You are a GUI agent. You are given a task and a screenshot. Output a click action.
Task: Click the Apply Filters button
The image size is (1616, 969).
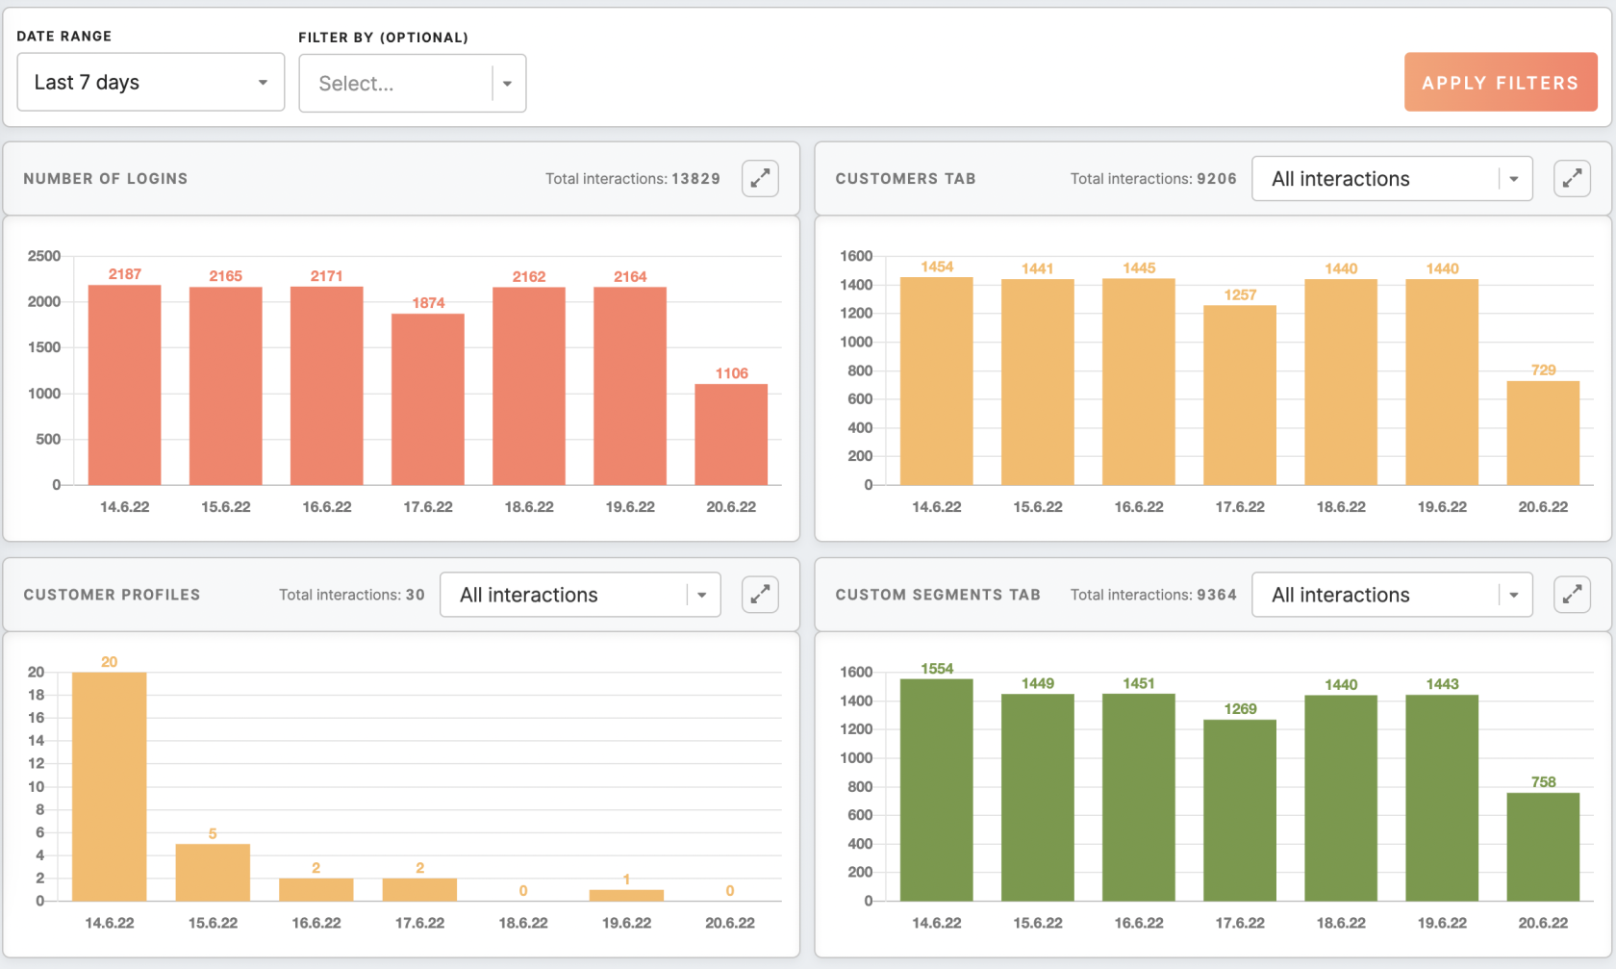click(x=1501, y=82)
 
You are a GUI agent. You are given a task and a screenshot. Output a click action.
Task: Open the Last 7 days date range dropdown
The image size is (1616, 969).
click(x=151, y=82)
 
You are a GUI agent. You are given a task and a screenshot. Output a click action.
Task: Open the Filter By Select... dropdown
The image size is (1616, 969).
click(x=412, y=83)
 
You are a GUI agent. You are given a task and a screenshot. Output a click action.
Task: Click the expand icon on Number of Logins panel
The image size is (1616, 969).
click(x=760, y=178)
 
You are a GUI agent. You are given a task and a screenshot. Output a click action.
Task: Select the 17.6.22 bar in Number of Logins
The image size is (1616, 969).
click(x=428, y=399)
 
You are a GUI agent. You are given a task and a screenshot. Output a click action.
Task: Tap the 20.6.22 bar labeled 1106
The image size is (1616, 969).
click(x=731, y=434)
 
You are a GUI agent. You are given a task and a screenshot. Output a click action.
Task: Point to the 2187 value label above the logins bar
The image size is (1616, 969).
click(x=125, y=274)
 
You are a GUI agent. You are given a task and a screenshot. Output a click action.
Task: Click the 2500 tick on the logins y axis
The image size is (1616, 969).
click(x=44, y=256)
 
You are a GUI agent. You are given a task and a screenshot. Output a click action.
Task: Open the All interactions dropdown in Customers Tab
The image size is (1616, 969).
click(x=1393, y=178)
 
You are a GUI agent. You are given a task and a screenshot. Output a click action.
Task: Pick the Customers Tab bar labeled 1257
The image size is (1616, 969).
click(x=1239, y=395)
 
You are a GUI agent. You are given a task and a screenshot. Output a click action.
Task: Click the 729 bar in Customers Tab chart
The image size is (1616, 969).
click(x=1543, y=433)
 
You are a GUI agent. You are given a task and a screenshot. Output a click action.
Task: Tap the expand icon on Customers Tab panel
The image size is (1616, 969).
click(x=1572, y=178)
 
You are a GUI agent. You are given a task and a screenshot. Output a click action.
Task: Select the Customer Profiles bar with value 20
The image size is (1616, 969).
click(x=109, y=786)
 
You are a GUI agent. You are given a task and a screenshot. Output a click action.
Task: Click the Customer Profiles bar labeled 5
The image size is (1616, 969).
click(x=213, y=873)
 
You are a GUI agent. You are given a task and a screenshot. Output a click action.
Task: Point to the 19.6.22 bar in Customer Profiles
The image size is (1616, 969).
click(x=626, y=896)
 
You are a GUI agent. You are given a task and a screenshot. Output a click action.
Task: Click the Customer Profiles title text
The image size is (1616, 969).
click(x=112, y=595)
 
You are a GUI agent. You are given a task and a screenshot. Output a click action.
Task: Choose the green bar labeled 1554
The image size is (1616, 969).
click(x=937, y=790)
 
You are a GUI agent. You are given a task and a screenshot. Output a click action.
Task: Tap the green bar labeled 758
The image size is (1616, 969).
click(x=1543, y=847)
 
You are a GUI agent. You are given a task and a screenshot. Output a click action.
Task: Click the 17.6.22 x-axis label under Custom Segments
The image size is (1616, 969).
click(x=1239, y=923)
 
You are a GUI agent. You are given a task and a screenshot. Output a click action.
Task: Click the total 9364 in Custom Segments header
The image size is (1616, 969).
click(x=1216, y=595)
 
